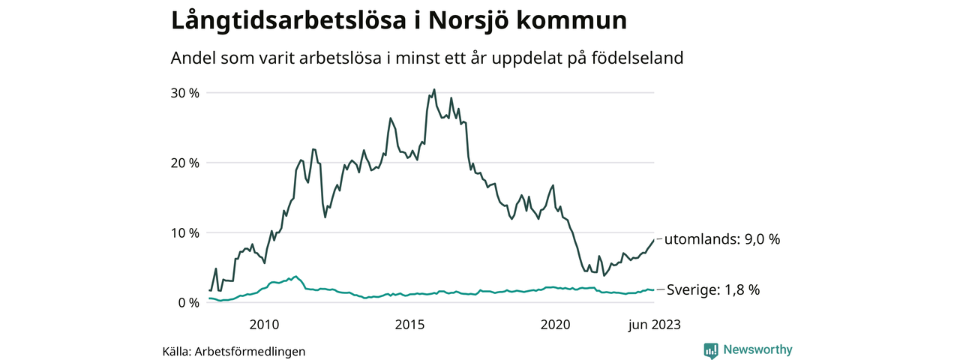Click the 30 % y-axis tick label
(x=184, y=93)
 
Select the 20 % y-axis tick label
(x=184, y=163)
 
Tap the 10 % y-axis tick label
(x=184, y=232)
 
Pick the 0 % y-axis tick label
(x=187, y=302)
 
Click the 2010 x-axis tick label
(x=264, y=325)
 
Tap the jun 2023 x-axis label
(x=654, y=325)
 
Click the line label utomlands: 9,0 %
(x=722, y=239)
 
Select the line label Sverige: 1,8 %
(x=713, y=289)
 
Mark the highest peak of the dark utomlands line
(x=434, y=89)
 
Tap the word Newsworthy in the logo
(x=757, y=349)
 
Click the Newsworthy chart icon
(x=711, y=349)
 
